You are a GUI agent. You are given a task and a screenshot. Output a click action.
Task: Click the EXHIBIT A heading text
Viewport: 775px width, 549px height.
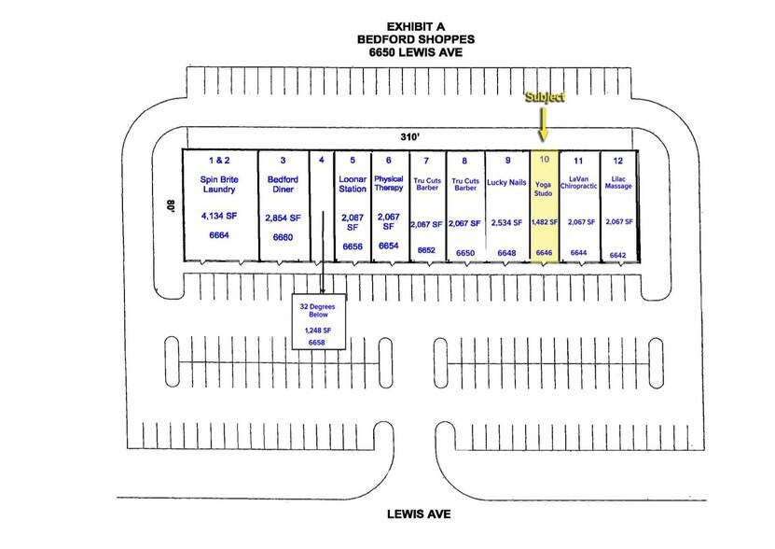(x=416, y=26)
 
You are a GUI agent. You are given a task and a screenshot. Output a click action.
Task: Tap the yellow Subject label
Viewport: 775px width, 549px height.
(x=545, y=96)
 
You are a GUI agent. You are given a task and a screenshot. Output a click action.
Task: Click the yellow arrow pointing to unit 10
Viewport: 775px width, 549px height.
(x=543, y=124)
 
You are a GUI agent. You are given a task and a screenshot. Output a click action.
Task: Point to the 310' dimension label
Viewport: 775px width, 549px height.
(x=409, y=136)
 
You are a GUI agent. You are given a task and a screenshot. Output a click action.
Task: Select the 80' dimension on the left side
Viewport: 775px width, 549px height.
(x=171, y=206)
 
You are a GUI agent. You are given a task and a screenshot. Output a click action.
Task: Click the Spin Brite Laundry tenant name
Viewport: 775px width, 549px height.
(x=219, y=184)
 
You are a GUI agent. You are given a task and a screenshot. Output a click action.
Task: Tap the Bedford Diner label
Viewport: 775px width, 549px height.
(x=283, y=184)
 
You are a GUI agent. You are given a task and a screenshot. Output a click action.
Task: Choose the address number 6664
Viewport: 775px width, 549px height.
(x=219, y=235)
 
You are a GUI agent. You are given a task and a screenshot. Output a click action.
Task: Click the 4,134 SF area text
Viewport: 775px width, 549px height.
(x=219, y=216)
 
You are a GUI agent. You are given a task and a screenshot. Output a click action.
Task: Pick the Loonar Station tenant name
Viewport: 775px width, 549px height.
(x=353, y=184)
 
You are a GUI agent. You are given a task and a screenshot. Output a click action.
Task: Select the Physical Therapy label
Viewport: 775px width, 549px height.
(x=389, y=183)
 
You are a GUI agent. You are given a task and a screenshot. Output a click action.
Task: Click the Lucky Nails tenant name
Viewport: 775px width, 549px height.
(x=506, y=182)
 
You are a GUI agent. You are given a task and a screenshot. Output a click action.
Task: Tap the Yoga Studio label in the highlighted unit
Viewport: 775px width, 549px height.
(x=543, y=189)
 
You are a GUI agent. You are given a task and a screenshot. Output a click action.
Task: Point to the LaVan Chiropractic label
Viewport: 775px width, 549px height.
(x=579, y=183)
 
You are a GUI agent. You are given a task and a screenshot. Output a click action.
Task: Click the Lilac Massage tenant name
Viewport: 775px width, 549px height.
(x=618, y=183)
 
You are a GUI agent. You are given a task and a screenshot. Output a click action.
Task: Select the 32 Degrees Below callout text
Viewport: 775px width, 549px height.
(x=318, y=310)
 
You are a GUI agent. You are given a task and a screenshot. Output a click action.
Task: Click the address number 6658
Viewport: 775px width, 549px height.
(x=317, y=343)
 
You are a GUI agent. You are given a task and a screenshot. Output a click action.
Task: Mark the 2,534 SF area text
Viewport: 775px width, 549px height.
(x=506, y=223)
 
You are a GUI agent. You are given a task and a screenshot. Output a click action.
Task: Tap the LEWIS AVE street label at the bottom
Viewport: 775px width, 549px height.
(x=419, y=514)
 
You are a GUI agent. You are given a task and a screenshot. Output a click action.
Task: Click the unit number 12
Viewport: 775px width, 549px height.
(x=617, y=161)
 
